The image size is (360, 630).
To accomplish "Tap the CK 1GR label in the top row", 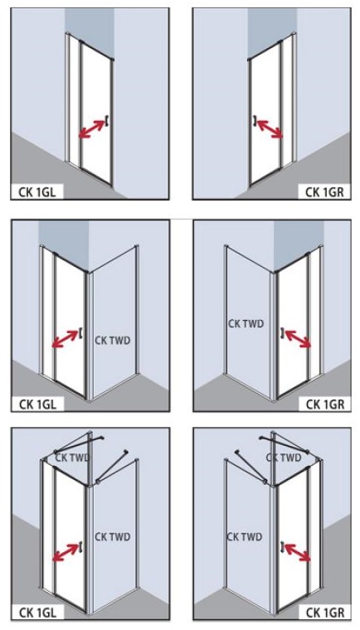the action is point(324,192).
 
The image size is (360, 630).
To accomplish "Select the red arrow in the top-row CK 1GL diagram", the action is point(92,129).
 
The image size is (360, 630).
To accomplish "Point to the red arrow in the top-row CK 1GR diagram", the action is point(270,129).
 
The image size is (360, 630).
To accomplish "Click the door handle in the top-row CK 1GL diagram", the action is point(107,120).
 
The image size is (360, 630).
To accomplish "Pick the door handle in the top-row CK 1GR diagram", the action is point(254,120).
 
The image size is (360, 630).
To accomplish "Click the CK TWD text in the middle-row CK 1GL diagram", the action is point(113,341).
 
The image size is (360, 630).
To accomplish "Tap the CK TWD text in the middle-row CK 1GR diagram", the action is point(246,323).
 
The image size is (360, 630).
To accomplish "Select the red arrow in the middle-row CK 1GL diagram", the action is point(66,339).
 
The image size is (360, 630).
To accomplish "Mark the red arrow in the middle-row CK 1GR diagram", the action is point(298,339).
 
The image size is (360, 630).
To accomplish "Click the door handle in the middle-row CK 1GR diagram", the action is point(282,332).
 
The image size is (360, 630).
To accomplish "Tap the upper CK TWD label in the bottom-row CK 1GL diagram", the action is point(72,458).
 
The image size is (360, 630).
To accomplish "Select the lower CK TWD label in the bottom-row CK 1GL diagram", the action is point(113,537).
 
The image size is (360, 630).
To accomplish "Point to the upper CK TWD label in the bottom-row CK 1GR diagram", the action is point(284,458).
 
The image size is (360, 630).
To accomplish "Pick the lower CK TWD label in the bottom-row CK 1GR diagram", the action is point(245,537).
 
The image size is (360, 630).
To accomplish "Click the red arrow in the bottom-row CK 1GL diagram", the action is point(66,552).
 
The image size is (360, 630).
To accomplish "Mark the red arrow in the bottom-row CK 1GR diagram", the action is point(298,552).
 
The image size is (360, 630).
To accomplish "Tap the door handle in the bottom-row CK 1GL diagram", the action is point(80,546).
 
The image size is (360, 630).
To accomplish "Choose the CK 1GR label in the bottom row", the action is point(325,613).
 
